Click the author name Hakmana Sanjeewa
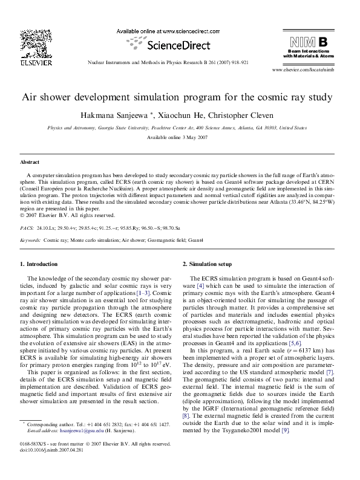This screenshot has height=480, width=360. [124, 115]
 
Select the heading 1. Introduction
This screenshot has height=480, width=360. [39, 264]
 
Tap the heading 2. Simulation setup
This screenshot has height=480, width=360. [207, 264]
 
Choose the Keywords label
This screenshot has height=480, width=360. [30, 240]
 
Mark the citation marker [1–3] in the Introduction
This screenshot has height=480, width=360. [143, 292]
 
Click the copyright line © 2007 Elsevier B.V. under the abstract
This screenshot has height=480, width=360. [67, 215]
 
